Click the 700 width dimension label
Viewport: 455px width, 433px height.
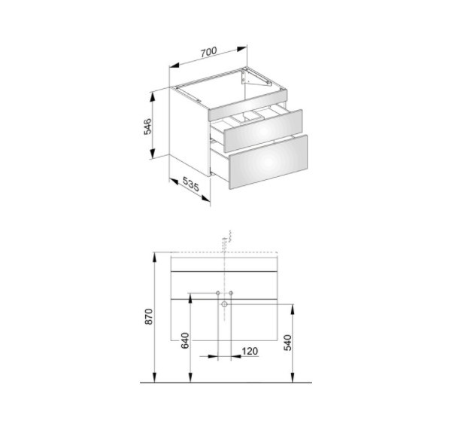coord(208,51)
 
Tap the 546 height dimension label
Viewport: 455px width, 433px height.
coord(147,126)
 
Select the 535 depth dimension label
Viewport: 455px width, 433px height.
coord(191,184)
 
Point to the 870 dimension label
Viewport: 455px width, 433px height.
coord(149,316)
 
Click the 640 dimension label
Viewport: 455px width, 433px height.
coord(185,340)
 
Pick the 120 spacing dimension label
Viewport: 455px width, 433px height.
coord(250,352)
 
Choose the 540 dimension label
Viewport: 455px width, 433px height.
coord(287,343)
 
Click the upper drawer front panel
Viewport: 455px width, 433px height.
coord(263,131)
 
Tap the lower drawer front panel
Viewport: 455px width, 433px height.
coord(268,162)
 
